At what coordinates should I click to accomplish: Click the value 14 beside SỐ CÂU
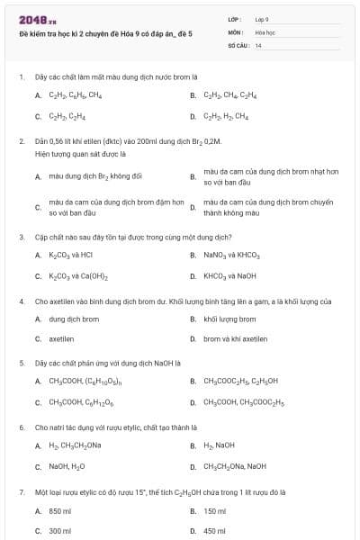[258, 44]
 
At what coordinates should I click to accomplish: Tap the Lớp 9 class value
[262, 19]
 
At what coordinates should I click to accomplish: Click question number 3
[21, 237]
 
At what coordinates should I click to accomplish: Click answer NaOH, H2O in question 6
[67, 466]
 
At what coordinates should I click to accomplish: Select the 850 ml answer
[60, 510]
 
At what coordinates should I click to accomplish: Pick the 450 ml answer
[214, 532]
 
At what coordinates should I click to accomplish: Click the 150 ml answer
[214, 510]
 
